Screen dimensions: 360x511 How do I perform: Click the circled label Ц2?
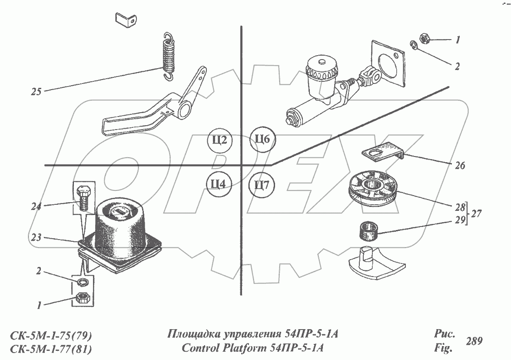pos(220,140)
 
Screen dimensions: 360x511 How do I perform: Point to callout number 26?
pos(460,165)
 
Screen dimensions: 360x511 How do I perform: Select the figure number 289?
pos(474,341)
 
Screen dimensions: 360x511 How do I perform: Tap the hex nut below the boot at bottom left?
pos(81,298)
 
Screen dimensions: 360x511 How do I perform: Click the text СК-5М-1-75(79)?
pos(50,336)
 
